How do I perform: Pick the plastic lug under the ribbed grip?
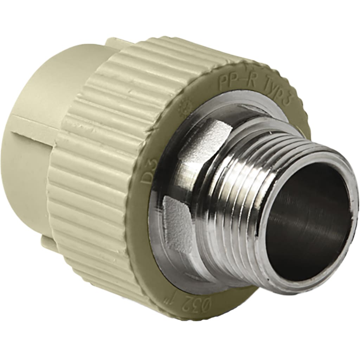pos(49,243)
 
